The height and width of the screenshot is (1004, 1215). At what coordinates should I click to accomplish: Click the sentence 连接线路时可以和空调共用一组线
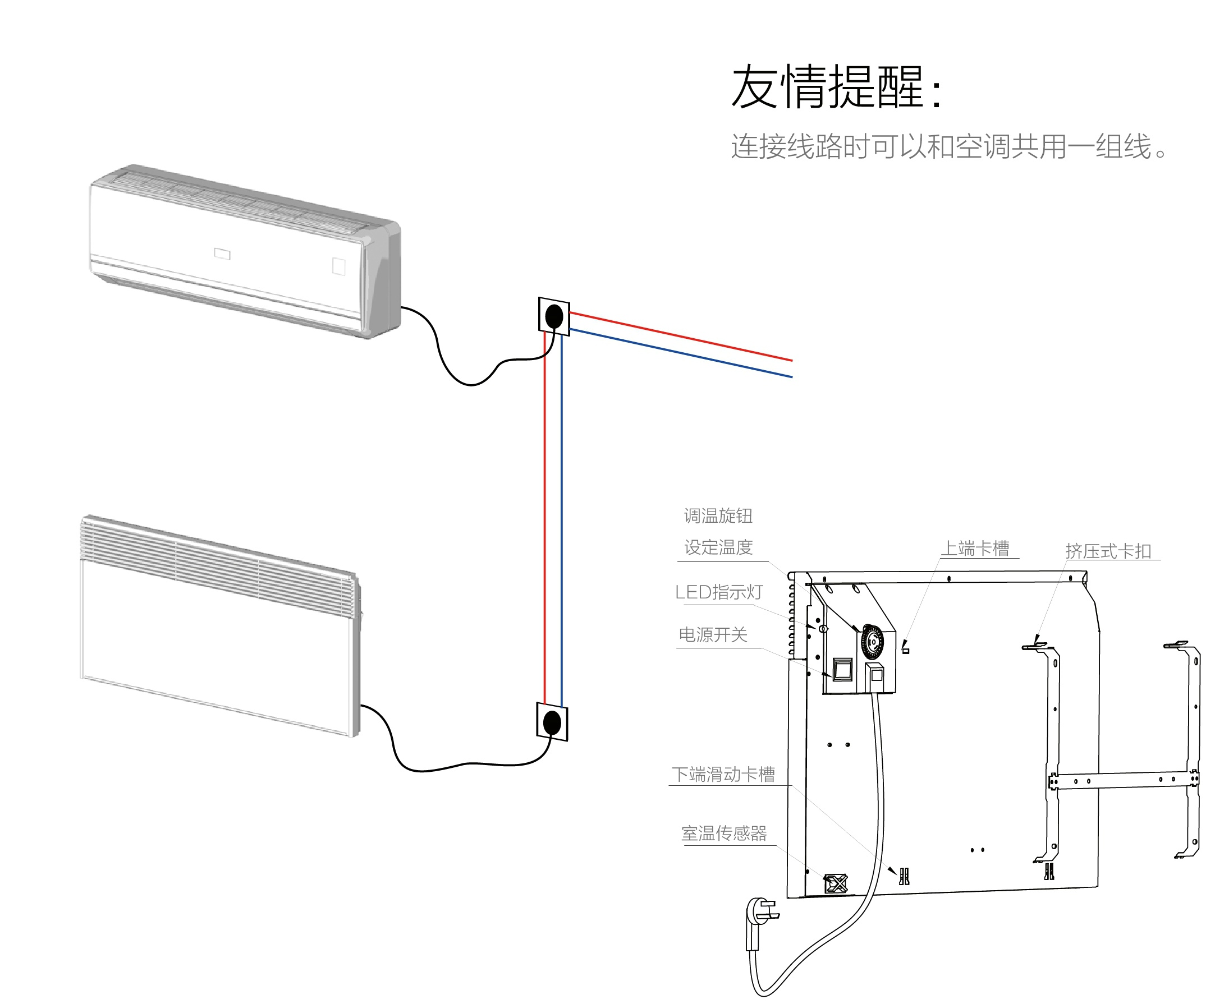[x=949, y=146]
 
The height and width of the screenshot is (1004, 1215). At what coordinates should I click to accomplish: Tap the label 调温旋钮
[x=718, y=516]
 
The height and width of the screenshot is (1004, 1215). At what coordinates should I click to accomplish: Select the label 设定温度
[x=718, y=547]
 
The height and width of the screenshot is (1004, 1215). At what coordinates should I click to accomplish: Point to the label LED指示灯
[x=718, y=592]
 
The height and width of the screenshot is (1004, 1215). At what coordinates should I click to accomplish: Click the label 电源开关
[x=713, y=635]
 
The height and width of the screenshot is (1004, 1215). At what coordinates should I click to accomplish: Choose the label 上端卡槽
[x=976, y=548]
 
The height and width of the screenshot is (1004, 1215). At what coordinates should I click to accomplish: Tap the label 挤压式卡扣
[x=1108, y=551]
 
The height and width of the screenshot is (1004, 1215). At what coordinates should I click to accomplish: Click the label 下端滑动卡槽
[x=723, y=775]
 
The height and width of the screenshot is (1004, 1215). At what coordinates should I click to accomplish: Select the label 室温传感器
[x=725, y=833]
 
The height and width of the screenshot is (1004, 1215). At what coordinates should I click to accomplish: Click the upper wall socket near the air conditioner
[x=554, y=317]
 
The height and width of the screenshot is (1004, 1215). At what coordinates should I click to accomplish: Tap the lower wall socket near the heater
[x=553, y=722]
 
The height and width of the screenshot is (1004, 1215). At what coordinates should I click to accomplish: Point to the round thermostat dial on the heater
[x=872, y=641]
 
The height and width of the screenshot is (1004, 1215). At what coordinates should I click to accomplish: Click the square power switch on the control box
[x=842, y=670]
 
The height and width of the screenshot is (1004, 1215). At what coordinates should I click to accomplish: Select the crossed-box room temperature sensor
[x=836, y=884]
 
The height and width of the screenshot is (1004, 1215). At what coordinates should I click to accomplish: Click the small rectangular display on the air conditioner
[x=222, y=254]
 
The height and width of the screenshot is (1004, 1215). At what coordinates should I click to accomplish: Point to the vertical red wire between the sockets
[x=545, y=521]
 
